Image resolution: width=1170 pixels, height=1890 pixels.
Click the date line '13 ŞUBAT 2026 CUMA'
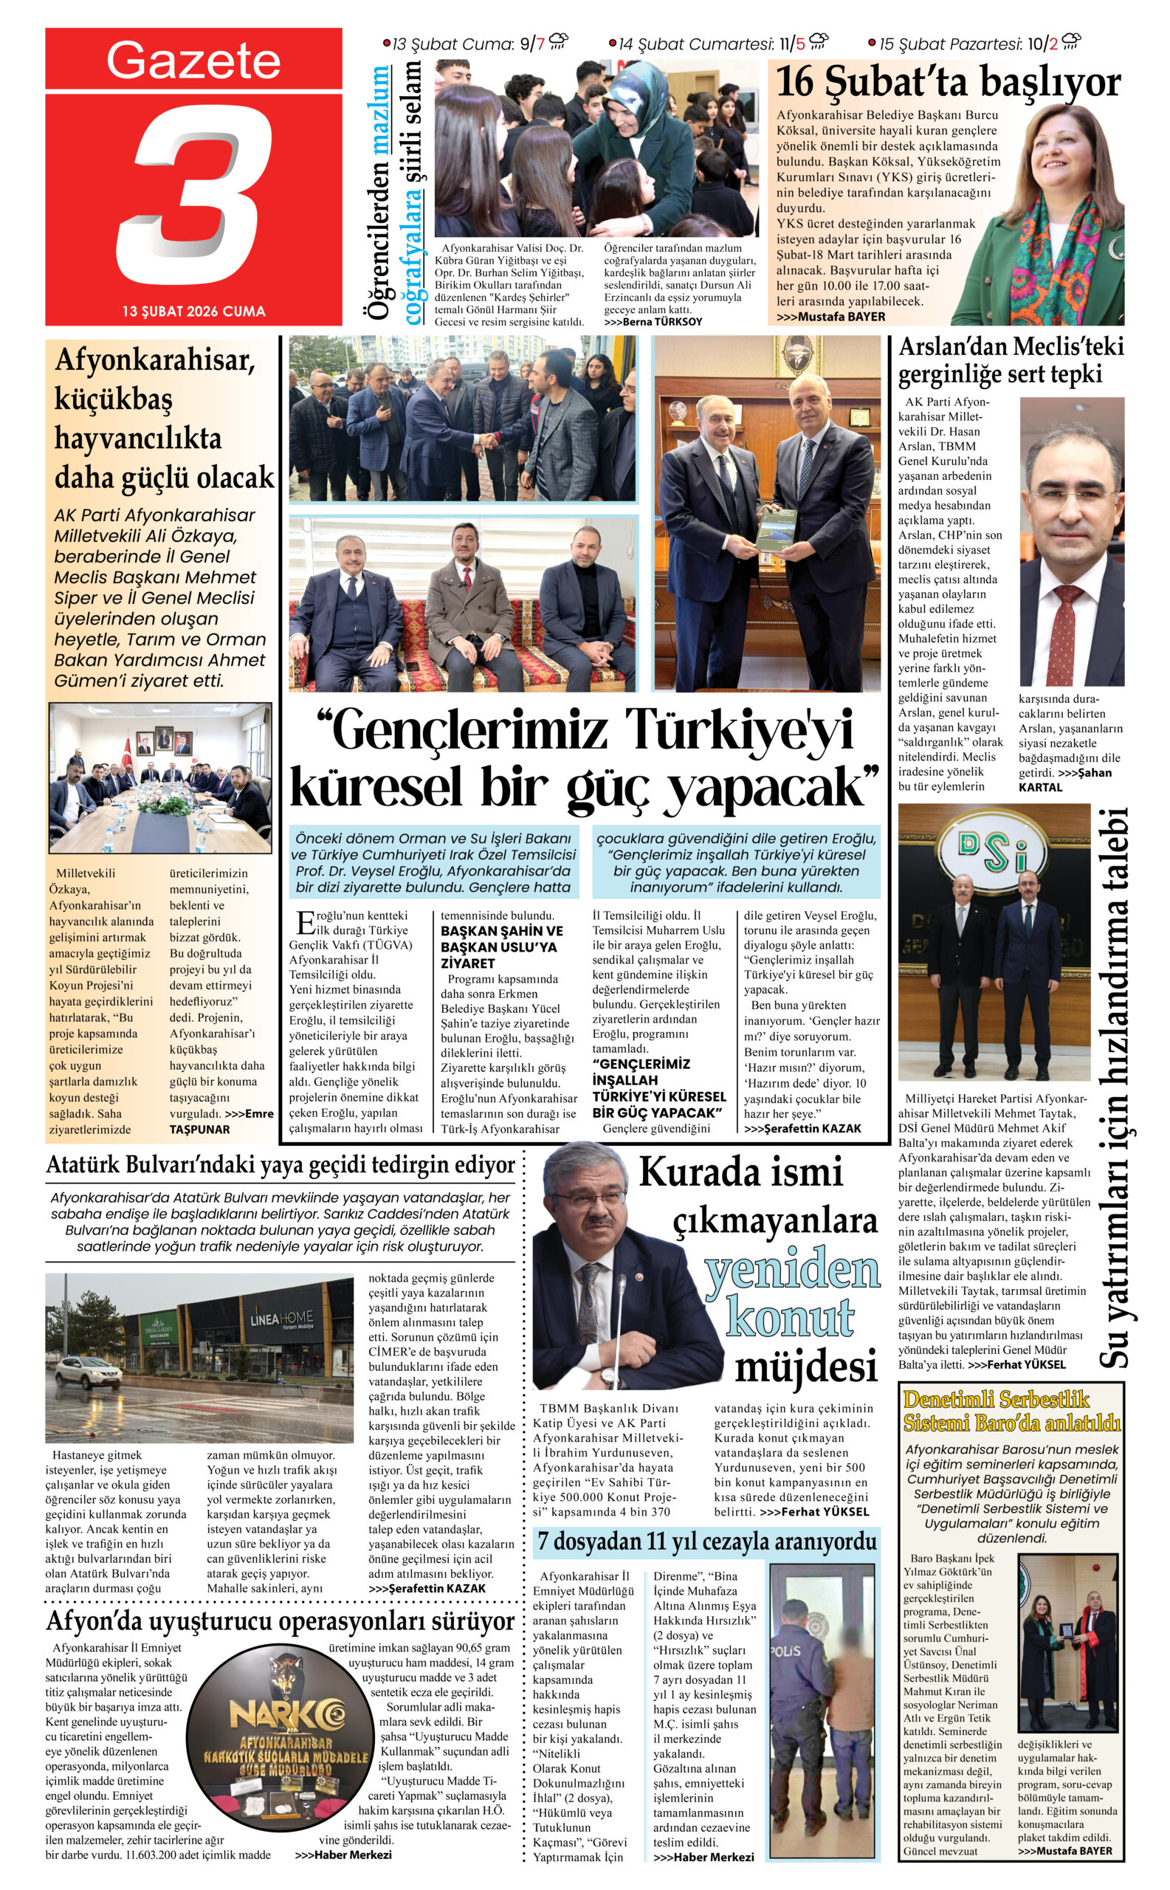coord(193,311)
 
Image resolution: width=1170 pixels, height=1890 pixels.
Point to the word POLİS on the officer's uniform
coord(786,1651)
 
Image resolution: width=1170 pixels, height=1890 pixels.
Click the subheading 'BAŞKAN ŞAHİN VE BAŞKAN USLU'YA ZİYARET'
coord(501,946)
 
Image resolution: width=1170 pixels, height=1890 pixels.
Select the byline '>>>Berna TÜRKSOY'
coord(653,321)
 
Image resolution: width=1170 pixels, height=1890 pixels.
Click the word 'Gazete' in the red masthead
coord(193,61)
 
